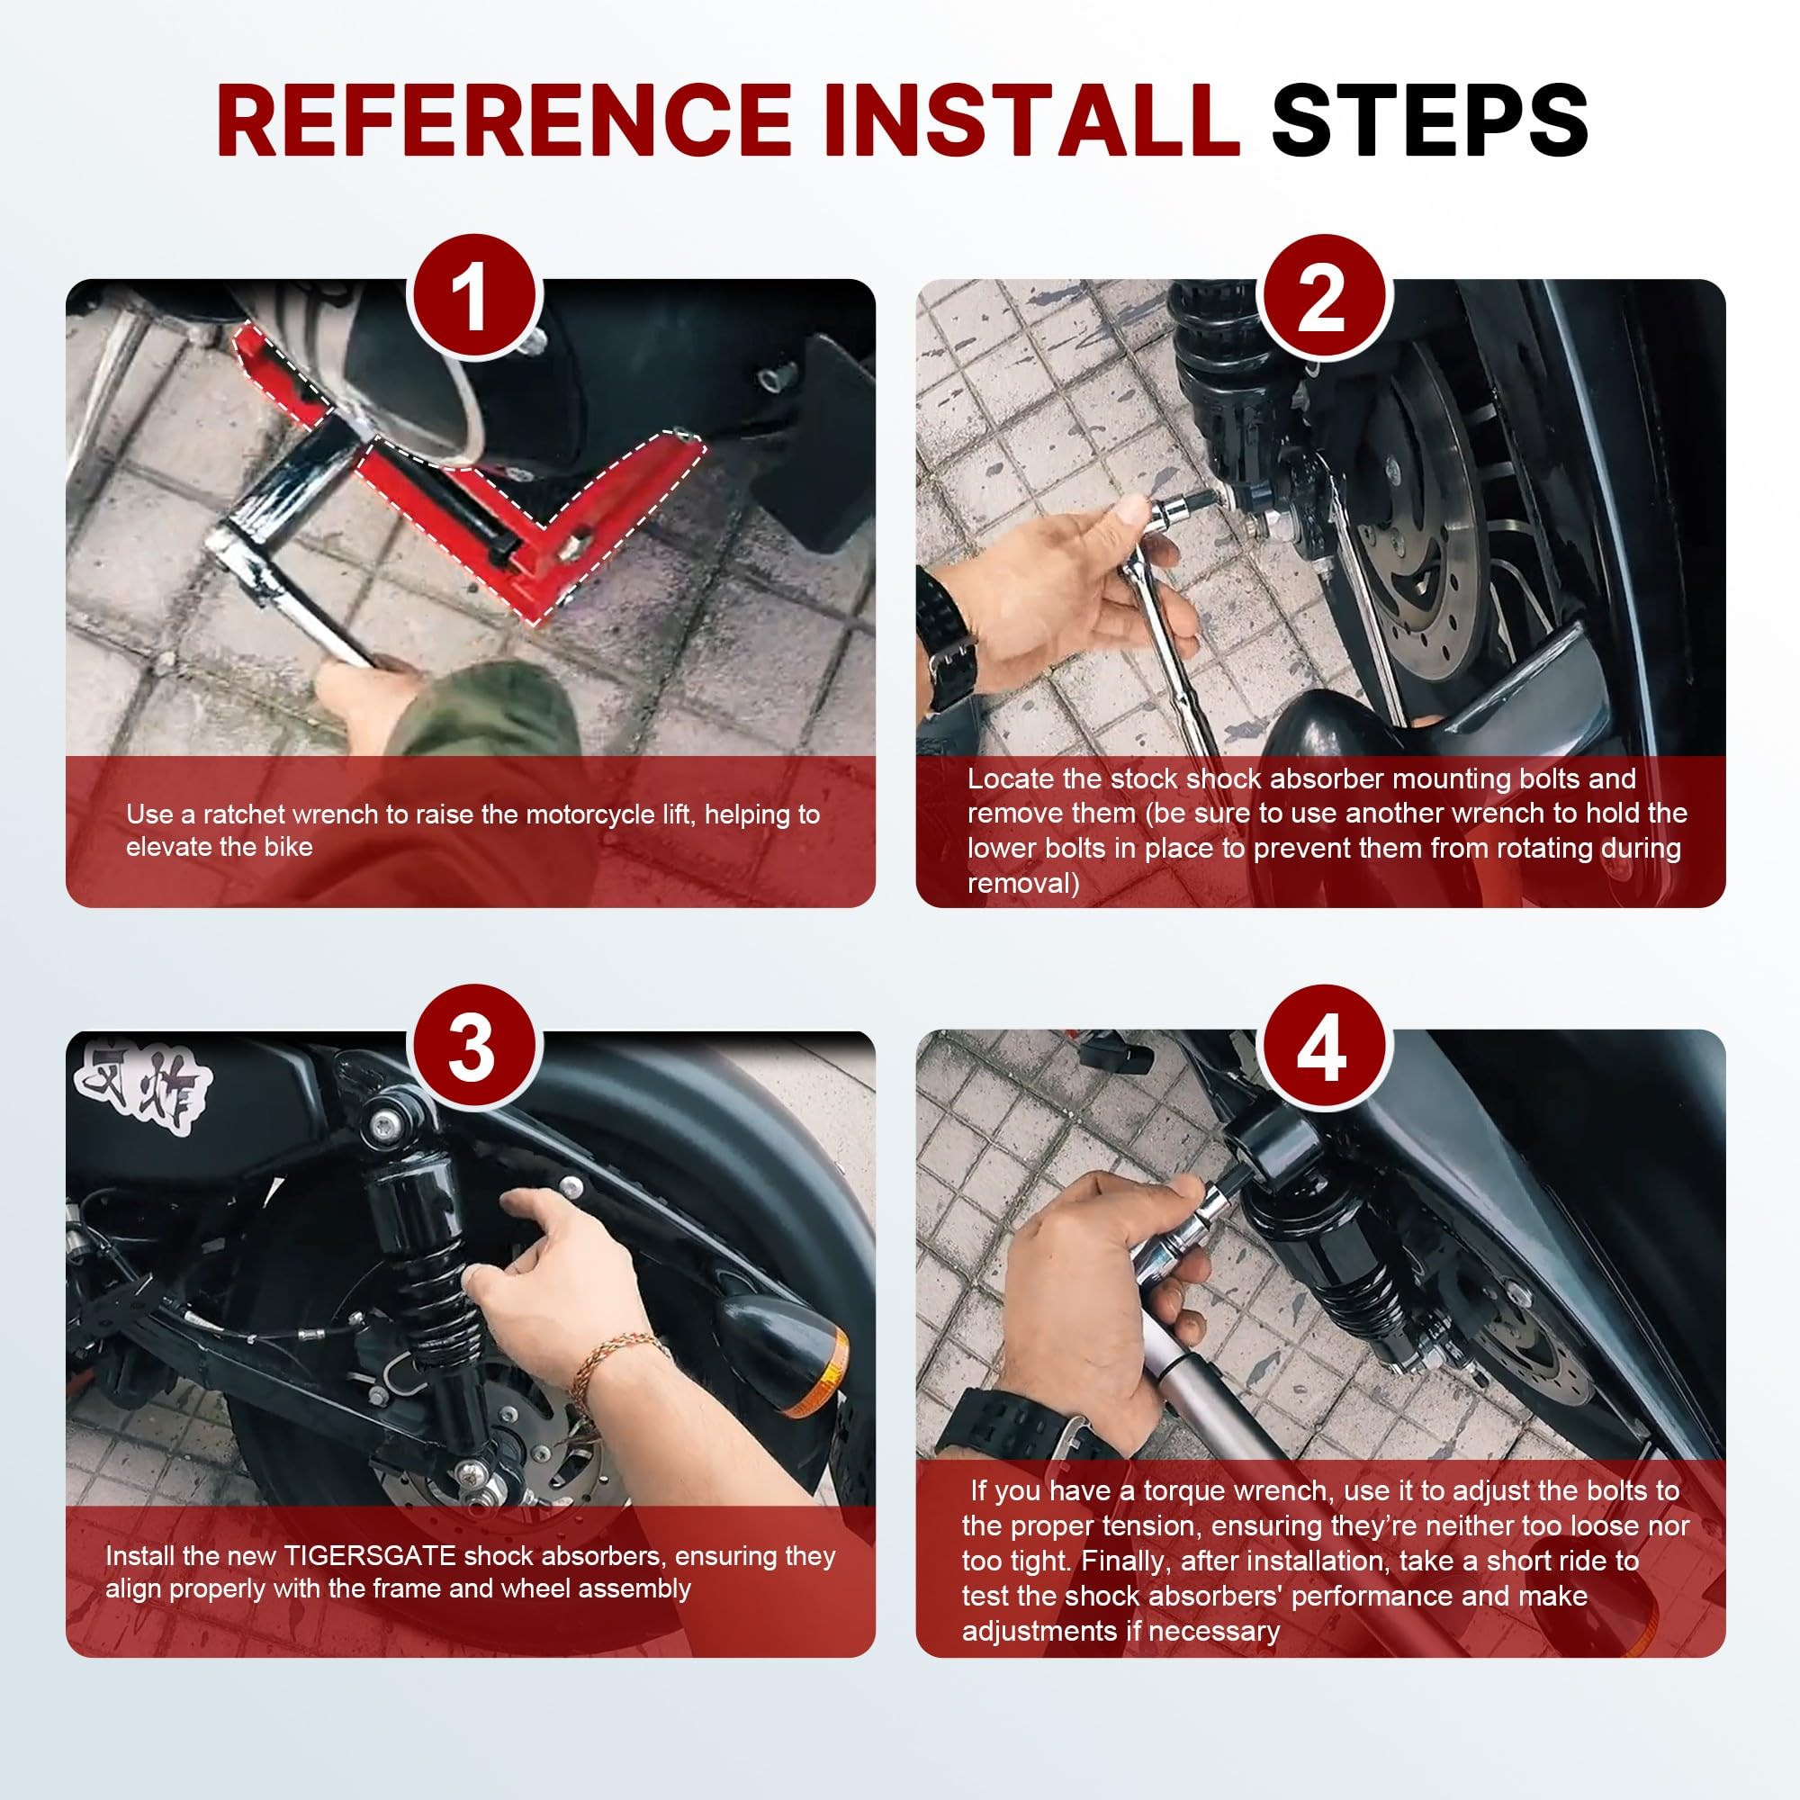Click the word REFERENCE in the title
[504, 121]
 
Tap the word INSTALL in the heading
[1032, 121]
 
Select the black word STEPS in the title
[1430, 121]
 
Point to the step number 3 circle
[474, 1049]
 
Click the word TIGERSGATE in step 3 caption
[370, 1556]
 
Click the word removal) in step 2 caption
[1023, 883]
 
